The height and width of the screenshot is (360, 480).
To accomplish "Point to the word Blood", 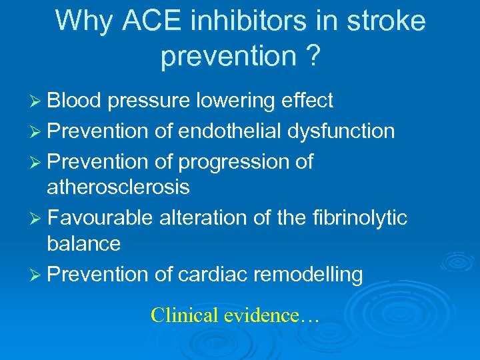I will pyautogui.click(x=74, y=101).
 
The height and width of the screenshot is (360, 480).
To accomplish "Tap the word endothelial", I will pyautogui.click(x=230, y=131).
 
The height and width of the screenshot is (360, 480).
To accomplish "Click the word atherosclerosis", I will pyautogui.click(x=118, y=188).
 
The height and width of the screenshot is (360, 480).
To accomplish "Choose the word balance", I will pyautogui.click(x=83, y=244).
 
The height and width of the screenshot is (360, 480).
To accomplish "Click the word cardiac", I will pyautogui.click(x=209, y=274).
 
